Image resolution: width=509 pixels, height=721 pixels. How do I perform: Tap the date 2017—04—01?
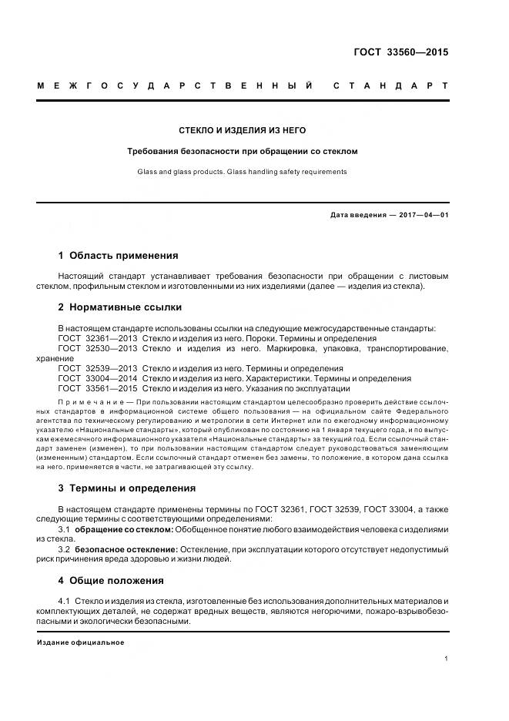coord(423,215)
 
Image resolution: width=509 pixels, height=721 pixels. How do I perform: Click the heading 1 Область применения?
coord(118,255)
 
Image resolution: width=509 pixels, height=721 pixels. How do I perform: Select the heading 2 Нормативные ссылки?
coord(120,307)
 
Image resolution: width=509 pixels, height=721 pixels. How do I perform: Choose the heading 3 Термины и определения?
coord(127,488)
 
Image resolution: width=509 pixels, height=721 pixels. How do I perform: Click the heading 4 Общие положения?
coord(111,580)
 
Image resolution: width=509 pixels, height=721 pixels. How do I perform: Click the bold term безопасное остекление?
coord(126,548)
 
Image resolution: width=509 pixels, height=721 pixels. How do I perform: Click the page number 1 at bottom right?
coord(447,659)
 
